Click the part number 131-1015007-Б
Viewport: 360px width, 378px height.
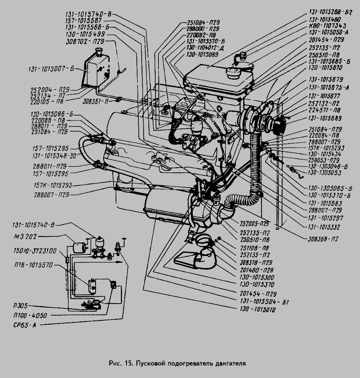click(x=52, y=69)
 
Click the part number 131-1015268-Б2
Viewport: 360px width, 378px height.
click(x=330, y=12)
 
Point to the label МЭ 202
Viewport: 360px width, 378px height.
click(x=24, y=237)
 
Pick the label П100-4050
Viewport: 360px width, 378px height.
click(x=30, y=316)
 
